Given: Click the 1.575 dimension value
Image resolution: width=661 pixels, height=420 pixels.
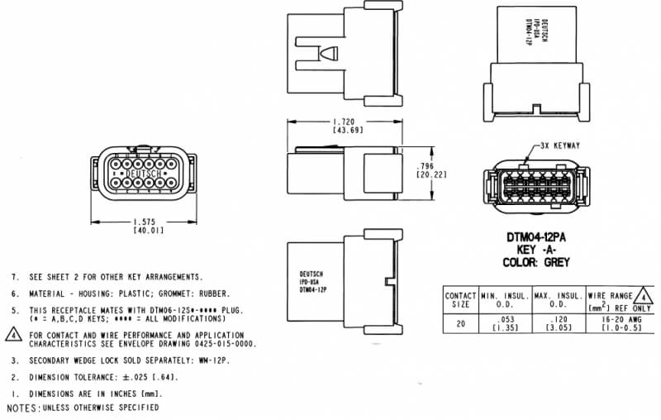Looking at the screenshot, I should tap(145, 222).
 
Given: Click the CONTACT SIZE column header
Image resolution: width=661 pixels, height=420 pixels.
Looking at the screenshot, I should tap(460, 299).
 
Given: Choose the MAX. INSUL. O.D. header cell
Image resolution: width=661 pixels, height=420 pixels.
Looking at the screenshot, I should tap(557, 299).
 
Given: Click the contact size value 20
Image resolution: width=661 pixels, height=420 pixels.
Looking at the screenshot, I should tap(460, 323).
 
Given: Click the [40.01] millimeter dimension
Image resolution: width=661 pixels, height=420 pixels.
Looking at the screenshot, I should tap(145, 231).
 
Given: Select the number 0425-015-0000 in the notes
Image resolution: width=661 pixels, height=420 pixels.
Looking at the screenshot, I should tap(222, 343).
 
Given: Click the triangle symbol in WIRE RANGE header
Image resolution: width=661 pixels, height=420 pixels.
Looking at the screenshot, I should tap(646, 294).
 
